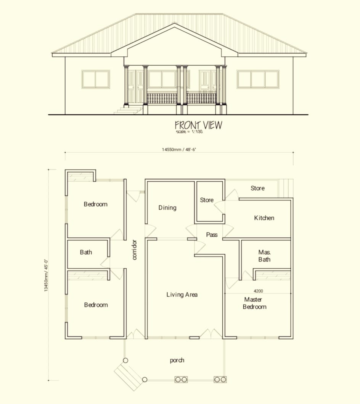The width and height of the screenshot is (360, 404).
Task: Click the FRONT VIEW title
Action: click(198, 125)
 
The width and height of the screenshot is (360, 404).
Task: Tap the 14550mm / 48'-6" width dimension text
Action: click(179, 149)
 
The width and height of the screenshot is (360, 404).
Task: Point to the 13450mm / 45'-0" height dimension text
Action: click(46, 275)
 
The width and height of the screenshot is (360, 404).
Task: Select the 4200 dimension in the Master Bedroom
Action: click(259, 291)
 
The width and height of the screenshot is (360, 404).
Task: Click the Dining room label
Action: click(167, 208)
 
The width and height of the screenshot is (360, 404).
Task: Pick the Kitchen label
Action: click(264, 218)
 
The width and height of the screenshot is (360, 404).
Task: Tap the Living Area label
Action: click(182, 295)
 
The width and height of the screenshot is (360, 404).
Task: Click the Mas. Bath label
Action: click(265, 256)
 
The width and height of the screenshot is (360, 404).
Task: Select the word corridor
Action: click(134, 250)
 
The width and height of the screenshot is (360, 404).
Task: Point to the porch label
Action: click(177, 360)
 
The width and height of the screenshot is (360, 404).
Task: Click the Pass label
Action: click(212, 235)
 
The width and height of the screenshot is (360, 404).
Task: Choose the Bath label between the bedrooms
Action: click(86, 252)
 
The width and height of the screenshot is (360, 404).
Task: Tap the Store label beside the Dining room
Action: click(207, 200)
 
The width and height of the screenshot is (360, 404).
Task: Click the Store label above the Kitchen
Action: click(258, 188)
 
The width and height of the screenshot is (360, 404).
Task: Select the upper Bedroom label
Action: click(96, 204)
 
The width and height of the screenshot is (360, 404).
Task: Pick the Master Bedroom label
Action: click(254, 303)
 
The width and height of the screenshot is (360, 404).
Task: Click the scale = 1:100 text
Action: click(189, 131)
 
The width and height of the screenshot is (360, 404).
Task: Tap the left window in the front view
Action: click(96, 79)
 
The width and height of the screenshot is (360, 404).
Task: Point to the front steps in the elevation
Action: click(129, 110)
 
